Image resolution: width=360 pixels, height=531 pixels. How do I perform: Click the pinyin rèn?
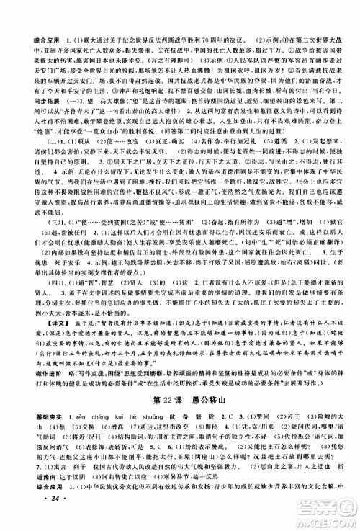tap(61, 429)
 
